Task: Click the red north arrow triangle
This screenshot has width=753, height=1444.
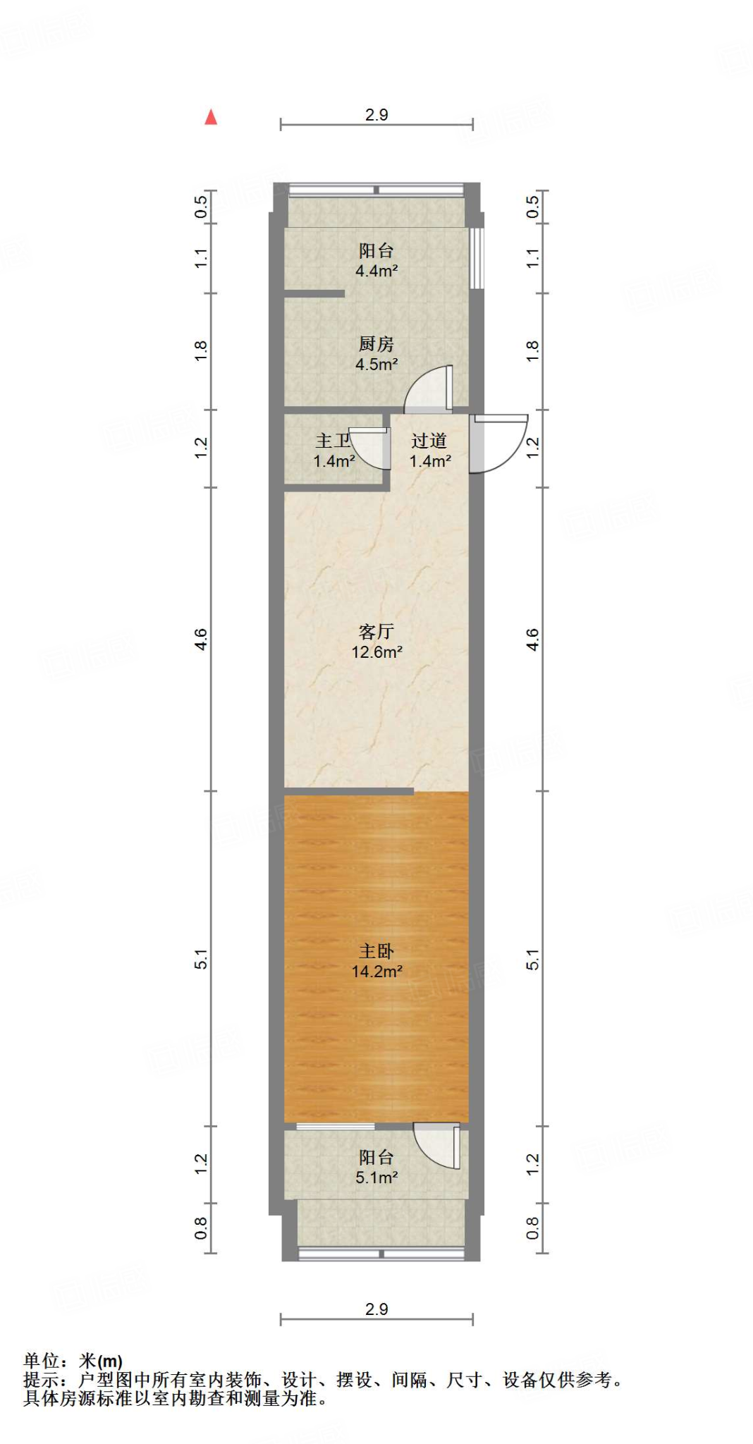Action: coord(211,117)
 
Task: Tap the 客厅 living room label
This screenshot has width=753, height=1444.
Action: coord(376,631)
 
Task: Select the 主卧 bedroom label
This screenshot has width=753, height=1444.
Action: coord(376,951)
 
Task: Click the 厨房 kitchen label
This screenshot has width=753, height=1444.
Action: coord(376,344)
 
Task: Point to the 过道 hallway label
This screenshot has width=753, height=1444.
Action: coord(429,441)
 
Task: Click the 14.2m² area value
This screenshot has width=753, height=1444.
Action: coord(376,972)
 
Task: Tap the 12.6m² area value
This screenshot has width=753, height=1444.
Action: coord(376,652)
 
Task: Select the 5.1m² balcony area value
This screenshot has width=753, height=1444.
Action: coord(376,1177)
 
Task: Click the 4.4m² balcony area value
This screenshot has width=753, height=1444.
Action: coord(376,271)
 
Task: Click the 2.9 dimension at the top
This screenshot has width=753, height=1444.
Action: coord(376,115)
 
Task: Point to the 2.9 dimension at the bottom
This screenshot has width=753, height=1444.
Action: coord(376,1309)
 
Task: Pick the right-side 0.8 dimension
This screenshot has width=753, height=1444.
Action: coord(532,1228)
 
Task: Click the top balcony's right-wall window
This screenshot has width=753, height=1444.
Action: coord(477,257)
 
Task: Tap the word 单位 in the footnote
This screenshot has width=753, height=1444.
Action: coord(41,1361)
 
